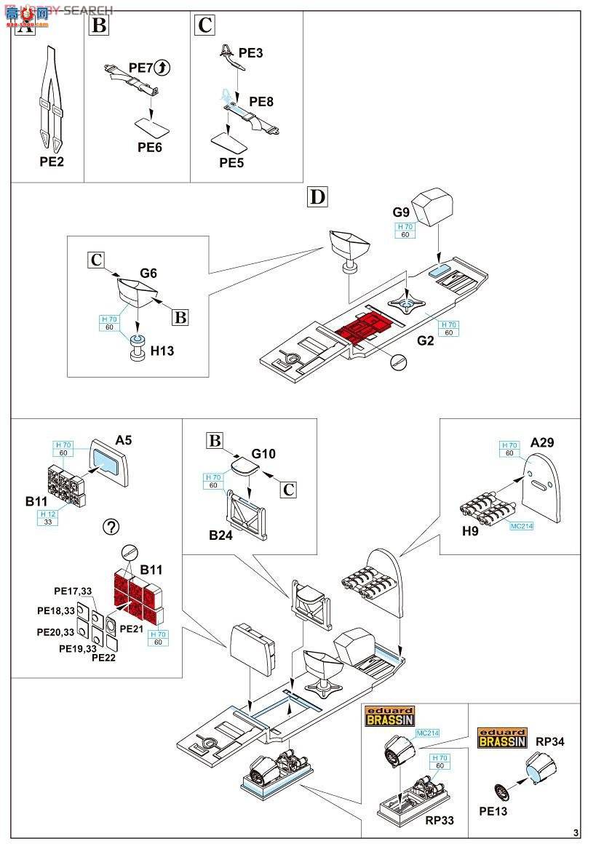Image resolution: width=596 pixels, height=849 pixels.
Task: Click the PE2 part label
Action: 52,162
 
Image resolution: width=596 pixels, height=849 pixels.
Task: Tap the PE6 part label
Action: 150,148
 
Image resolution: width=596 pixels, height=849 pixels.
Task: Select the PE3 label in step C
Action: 250,53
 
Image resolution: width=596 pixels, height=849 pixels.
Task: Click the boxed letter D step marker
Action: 317,196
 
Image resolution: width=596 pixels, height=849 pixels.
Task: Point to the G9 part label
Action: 402,212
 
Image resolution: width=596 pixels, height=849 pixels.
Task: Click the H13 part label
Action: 162,351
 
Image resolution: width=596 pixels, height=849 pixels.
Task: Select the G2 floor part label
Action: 426,340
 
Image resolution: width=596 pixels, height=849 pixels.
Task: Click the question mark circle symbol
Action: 112,527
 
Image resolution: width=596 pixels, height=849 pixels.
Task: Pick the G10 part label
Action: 264,454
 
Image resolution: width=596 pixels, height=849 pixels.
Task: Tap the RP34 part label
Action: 550,742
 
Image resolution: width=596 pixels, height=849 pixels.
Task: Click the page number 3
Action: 576,833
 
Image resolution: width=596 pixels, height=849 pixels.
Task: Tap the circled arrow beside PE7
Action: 163,68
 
